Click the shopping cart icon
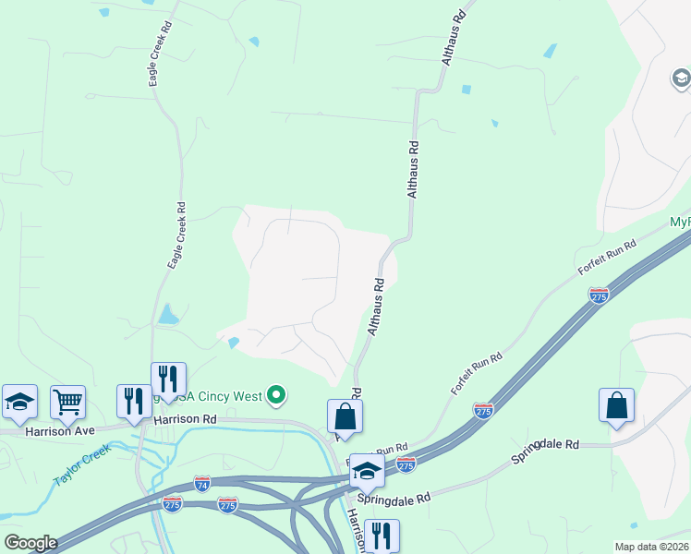pos(67,402)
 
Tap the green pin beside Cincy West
pos(276,396)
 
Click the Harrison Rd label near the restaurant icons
pos(185,418)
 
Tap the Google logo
pos(30,543)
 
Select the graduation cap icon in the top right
pos(681,79)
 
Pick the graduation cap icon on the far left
pos(19,401)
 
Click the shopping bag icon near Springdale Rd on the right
pos(616,404)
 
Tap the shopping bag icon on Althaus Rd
pos(345,415)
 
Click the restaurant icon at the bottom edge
pos(381,535)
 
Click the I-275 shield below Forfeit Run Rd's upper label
pos(599,295)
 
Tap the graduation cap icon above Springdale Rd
pos(367,473)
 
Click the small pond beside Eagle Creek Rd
pos(168,314)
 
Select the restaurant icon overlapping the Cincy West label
pos(168,379)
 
